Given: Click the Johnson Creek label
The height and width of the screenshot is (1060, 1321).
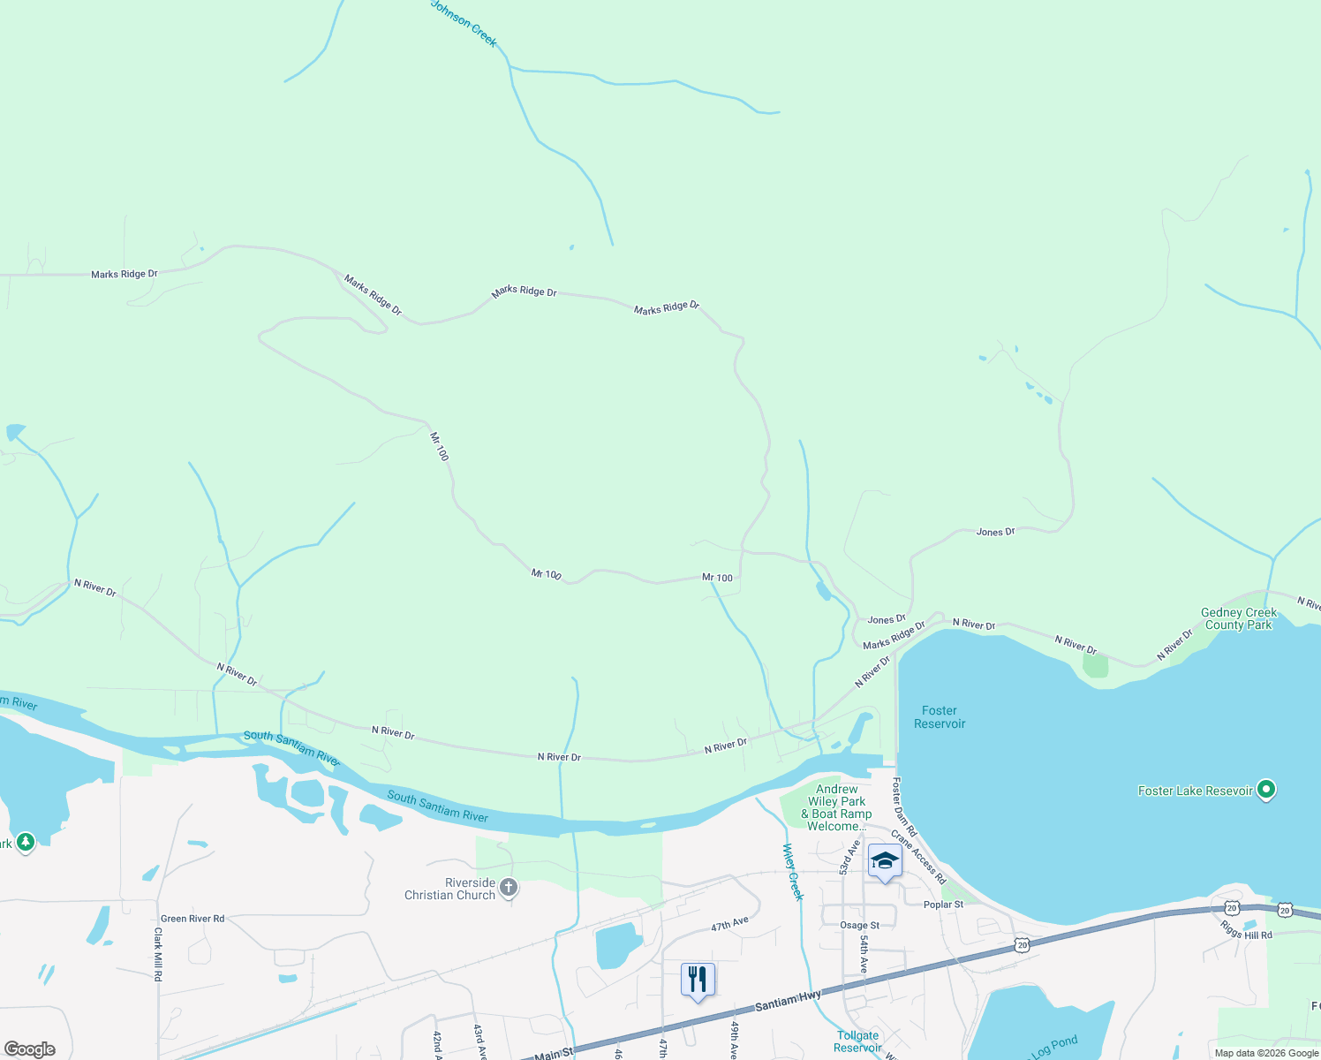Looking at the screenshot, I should [x=464, y=23].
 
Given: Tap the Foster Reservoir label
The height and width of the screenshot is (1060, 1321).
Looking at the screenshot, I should [x=940, y=717].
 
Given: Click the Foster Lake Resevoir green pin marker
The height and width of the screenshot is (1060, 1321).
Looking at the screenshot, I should [x=1266, y=789].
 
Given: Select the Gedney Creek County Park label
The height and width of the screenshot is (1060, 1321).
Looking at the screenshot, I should [x=1239, y=618].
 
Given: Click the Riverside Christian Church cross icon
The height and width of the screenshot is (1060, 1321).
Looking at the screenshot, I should [x=508, y=887].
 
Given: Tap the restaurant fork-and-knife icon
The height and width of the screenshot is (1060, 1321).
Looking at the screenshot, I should [x=698, y=979].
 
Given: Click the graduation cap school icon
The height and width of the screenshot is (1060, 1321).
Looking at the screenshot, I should [x=884, y=860].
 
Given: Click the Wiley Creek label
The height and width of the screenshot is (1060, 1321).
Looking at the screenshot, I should [x=793, y=872].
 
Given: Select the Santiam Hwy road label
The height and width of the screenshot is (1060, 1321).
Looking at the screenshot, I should [x=788, y=1002].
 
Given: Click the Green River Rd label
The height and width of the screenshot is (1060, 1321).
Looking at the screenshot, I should [x=192, y=919].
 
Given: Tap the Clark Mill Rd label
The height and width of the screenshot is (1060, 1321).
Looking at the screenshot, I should [x=158, y=954].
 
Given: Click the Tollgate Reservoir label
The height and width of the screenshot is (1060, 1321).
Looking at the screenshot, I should [x=857, y=1041].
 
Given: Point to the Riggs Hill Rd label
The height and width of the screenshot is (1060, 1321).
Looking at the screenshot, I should [x=1246, y=929].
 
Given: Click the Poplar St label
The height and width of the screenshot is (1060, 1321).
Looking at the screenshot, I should [x=943, y=905].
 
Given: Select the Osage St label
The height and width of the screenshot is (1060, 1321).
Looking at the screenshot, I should [x=859, y=926].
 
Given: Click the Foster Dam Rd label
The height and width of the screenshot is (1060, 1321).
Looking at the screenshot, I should [x=904, y=807].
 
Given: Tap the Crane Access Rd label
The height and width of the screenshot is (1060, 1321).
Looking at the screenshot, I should [x=918, y=857].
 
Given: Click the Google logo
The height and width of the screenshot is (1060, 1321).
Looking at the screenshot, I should [x=30, y=1049].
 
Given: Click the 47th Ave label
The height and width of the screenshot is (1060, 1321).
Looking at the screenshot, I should [x=729, y=924].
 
